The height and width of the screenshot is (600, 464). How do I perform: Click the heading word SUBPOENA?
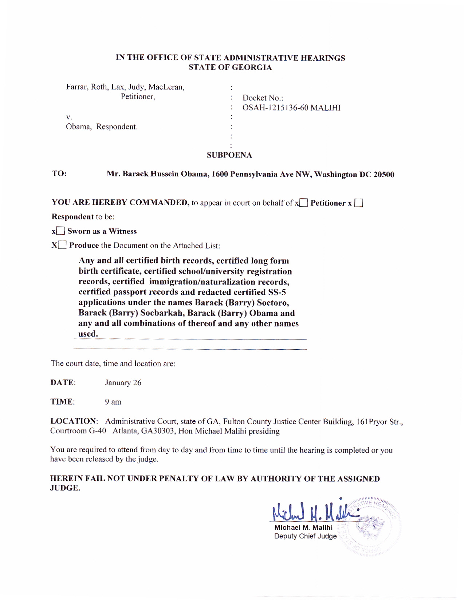coord(229,155)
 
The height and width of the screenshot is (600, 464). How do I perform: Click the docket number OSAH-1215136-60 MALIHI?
coord(291,108)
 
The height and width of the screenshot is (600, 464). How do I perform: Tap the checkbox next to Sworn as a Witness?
coord(60,231)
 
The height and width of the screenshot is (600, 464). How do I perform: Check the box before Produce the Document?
coord(63,245)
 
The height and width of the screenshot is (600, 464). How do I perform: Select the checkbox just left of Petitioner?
coord(304,203)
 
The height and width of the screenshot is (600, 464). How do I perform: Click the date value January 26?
coord(123,382)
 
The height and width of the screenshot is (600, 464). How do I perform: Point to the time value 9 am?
coord(113,402)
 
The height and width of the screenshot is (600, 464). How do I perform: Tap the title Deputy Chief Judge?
coord(305,536)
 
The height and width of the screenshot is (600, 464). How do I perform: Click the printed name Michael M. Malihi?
coord(303,527)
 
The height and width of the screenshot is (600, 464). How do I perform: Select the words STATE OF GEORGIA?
coord(230,67)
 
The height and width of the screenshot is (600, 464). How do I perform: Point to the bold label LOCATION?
coord(73,421)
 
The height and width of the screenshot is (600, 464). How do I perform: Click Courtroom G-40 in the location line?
coord(78,431)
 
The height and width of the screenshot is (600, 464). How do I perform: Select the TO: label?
coord(59,173)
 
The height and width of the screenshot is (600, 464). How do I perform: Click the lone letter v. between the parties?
coord(69,117)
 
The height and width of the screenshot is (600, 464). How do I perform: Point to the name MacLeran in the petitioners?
coord(166,87)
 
